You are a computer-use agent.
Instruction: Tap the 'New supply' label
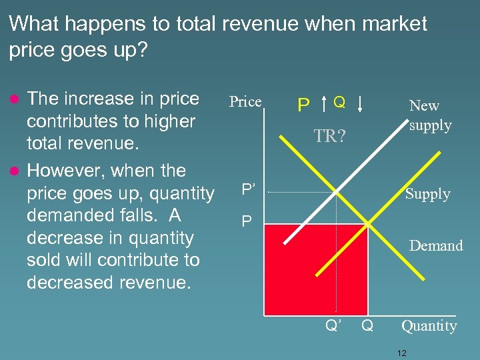[430, 115]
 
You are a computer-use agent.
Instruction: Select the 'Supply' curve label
[427, 194]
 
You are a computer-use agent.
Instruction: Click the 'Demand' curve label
[436, 246]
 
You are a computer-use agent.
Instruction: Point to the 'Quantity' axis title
[429, 326]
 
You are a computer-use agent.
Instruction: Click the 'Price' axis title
[245, 102]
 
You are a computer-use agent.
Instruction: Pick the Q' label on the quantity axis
[333, 326]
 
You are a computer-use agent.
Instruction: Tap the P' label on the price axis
[248, 189]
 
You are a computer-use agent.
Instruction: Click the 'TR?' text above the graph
[330, 136]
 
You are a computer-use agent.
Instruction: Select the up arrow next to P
[323, 103]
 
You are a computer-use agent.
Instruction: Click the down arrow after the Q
[361, 103]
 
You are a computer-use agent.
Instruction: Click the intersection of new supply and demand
[337, 193]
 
